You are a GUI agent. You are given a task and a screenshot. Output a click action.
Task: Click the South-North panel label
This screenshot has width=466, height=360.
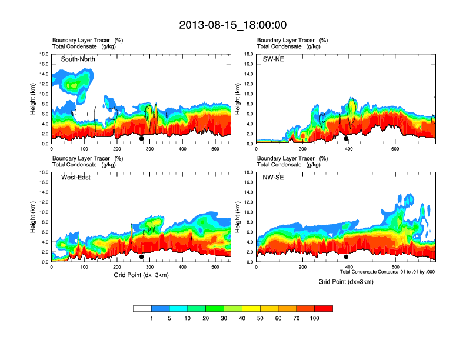tap(78, 59)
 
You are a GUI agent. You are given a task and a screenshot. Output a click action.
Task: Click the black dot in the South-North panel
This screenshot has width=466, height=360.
tap(142, 139)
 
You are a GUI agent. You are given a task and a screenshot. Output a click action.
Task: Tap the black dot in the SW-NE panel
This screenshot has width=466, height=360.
tap(346, 139)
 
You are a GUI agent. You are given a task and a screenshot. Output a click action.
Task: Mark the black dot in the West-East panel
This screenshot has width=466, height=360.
tap(142, 257)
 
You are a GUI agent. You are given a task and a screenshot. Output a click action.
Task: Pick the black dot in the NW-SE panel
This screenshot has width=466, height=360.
tap(346, 257)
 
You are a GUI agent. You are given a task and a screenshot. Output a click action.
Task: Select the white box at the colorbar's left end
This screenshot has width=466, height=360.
tap(142, 308)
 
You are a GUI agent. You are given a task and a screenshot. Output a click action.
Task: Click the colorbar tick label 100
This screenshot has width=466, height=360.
tap(315, 318)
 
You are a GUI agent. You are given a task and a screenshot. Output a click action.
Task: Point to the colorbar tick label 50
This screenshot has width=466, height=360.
tap(260, 318)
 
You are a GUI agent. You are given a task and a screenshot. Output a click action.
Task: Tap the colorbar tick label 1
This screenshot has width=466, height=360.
tap(152, 318)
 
